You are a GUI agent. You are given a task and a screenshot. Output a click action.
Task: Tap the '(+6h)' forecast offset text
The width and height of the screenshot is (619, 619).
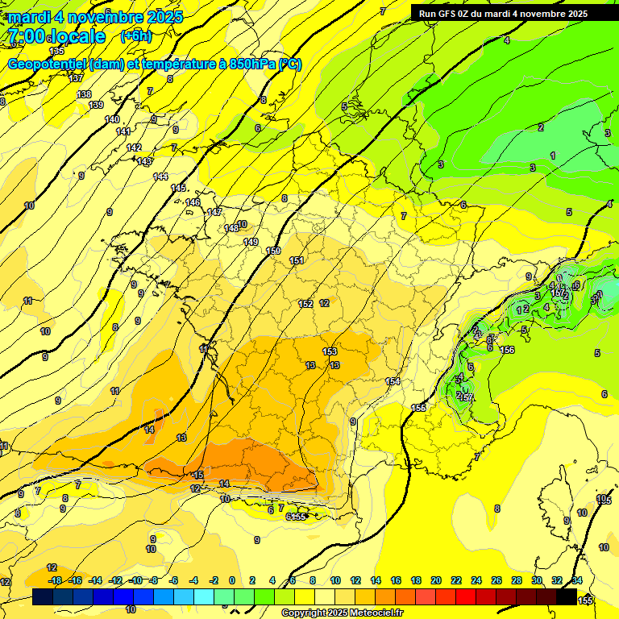click(135, 36)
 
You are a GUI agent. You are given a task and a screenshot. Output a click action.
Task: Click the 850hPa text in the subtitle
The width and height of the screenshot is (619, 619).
click(247, 64)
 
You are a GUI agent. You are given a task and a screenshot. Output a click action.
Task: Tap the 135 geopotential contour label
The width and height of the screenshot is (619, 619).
click(56, 51)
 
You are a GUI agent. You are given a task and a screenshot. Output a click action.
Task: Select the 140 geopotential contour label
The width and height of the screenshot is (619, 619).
click(112, 119)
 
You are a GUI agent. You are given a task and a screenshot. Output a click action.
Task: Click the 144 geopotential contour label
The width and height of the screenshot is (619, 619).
click(161, 177)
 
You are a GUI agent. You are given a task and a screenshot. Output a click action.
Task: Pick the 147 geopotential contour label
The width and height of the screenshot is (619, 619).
click(214, 212)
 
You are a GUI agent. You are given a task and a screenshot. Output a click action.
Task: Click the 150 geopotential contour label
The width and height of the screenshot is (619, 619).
click(273, 251)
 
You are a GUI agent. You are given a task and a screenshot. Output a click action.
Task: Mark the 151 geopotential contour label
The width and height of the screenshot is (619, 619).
click(297, 260)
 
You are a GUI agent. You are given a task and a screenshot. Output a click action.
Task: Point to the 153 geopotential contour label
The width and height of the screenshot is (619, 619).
click(330, 351)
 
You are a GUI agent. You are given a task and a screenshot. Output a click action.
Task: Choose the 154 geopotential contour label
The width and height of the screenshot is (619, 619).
click(393, 381)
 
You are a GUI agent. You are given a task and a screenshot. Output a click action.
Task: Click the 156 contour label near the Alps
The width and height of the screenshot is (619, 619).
click(507, 350)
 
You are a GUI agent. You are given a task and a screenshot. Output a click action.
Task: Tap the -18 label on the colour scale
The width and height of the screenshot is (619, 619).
click(55, 580)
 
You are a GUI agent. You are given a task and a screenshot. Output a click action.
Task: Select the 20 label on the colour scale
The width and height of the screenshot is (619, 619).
click(436, 580)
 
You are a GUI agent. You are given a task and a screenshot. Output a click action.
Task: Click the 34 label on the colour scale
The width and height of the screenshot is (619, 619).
click(577, 580)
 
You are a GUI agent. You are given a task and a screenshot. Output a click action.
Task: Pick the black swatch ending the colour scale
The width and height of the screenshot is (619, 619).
click(567, 597)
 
